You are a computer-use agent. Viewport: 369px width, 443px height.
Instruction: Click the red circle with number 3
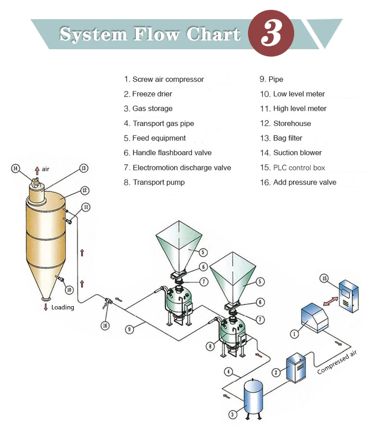pyautogui.click(x=271, y=33)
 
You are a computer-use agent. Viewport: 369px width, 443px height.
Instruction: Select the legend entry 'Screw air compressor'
pyautogui.click(x=163, y=79)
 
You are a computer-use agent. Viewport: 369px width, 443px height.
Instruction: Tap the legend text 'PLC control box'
pyautogui.click(x=292, y=167)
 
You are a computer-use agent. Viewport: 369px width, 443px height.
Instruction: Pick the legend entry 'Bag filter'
pyautogui.click(x=281, y=138)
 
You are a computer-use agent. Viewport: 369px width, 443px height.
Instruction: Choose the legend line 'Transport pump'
pyautogui.click(x=154, y=182)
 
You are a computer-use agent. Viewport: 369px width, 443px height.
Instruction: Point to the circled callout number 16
pyautogui.click(x=104, y=325)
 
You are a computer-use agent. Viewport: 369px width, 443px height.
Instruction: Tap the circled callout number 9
pyautogui.click(x=129, y=329)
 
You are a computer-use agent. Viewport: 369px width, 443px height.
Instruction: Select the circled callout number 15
pyautogui.click(x=324, y=279)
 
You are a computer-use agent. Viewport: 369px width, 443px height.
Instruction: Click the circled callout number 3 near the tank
pyautogui.click(x=233, y=414)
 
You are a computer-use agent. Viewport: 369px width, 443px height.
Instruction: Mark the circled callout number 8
pyautogui.click(x=211, y=346)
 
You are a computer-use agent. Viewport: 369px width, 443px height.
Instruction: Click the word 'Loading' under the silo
pyautogui.click(x=62, y=307)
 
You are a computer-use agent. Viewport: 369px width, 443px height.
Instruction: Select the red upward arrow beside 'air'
pyautogui.click(x=36, y=170)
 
